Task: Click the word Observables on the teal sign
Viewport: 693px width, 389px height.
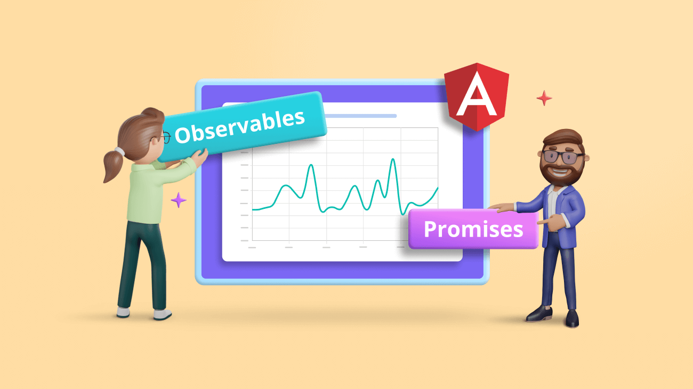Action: (240, 126)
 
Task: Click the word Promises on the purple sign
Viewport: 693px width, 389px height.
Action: (473, 229)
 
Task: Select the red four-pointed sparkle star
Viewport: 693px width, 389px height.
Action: (544, 98)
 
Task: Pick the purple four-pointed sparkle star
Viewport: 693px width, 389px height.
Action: (179, 200)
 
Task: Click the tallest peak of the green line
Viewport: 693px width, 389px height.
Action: (393, 160)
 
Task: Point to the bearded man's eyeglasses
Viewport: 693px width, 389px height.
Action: (562, 157)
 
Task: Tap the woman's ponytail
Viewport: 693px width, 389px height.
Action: (114, 165)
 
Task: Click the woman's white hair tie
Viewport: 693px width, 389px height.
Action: (120, 151)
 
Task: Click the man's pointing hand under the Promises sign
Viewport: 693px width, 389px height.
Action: (544, 221)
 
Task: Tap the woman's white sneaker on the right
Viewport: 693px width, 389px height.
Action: (162, 314)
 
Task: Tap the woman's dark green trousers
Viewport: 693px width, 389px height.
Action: (141, 261)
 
